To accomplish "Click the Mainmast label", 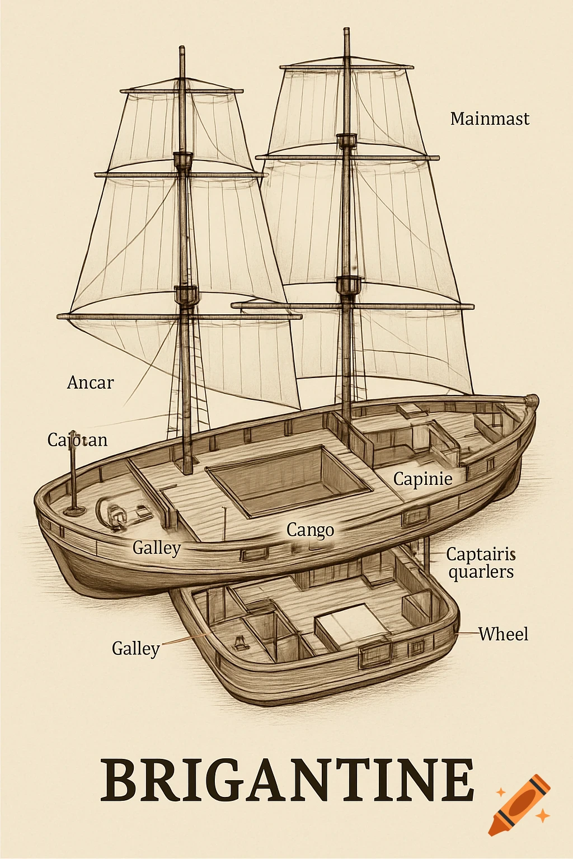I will tap(490, 119).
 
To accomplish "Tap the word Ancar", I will tap(90, 383).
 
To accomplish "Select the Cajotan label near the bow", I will tap(77, 440).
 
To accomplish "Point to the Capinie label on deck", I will tap(422, 479).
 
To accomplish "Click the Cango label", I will tap(310, 530).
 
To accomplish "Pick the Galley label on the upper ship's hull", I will tap(157, 548).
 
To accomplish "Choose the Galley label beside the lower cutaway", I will tap(135, 649).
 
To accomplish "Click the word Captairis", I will tap(481, 554).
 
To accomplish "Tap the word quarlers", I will tap(481, 572).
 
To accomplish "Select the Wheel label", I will tap(503, 634).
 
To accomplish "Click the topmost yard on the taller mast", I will tap(346, 67).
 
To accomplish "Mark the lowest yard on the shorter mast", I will tap(179, 317).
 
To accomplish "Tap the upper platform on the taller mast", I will tap(346, 140).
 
